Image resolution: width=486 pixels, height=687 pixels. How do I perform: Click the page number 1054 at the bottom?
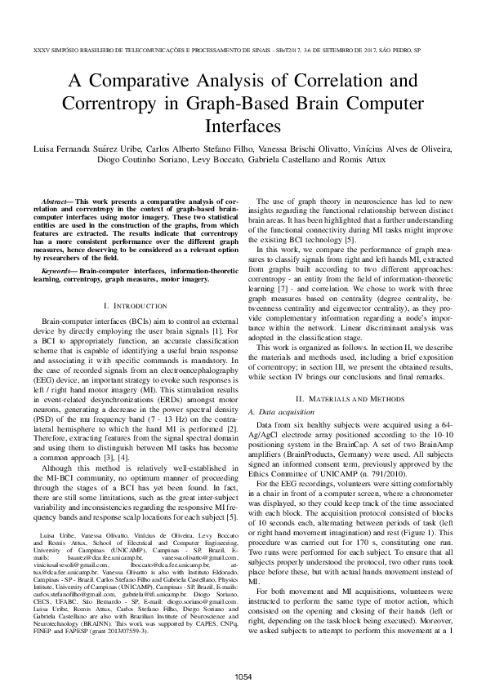coord(243,676)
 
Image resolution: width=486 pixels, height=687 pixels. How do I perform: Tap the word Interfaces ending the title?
coord(243,127)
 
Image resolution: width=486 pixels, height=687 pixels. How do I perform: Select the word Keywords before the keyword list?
coord(58,268)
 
